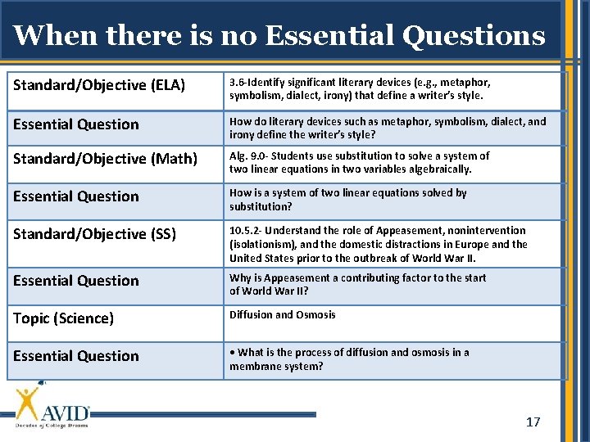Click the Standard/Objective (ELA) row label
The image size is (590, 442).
click(99, 85)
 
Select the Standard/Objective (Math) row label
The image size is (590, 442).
click(105, 159)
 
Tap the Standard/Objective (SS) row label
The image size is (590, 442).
click(94, 233)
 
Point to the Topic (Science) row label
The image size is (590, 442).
click(63, 318)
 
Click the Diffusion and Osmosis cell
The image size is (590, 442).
click(282, 315)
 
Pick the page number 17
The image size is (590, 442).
click(533, 422)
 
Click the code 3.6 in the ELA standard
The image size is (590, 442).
click(238, 83)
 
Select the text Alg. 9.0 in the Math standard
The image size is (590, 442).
click(247, 156)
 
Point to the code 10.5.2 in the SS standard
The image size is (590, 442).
click(246, 231)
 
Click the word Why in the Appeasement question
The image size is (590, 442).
click(240, 278)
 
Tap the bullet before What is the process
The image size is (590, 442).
click(232, 353)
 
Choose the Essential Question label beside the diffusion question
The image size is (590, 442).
click(76, 356)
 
